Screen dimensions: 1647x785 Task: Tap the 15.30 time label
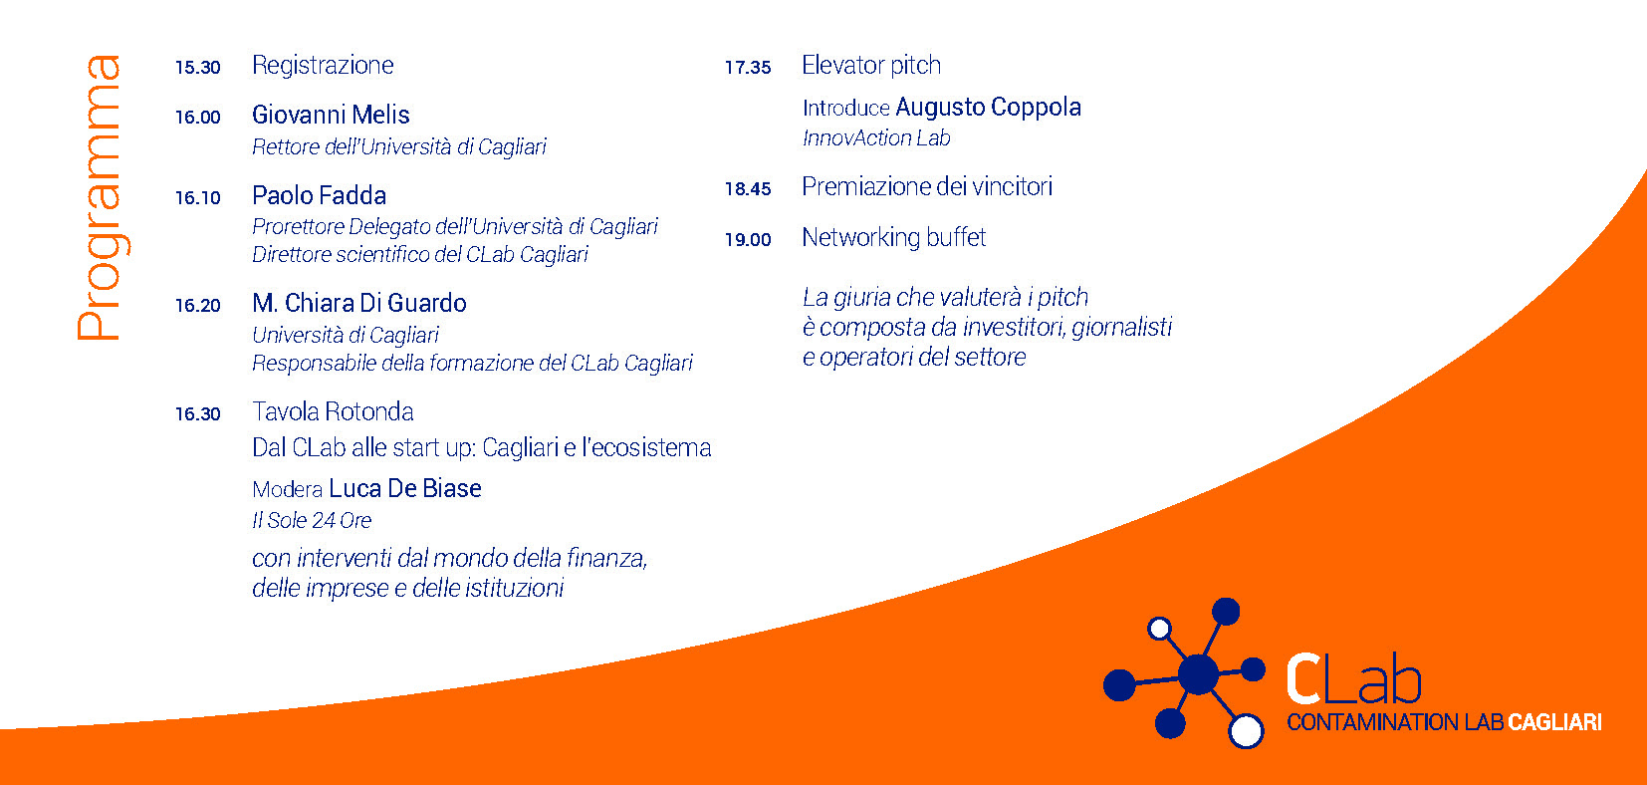pyautogui.click(x=198, y=68)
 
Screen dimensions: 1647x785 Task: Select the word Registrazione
pyautogui.click(x=323, y=66)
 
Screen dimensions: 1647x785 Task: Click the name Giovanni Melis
pyautogui.click(x=331, y=115)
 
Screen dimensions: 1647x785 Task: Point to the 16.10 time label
pyautogui.click(x=198, y=198)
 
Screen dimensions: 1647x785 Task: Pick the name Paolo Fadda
pyautogui.click(x=319, y=195)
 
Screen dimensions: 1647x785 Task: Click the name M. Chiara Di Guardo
pyautogui.click(x=359, y=303)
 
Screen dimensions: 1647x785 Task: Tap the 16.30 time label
pyautogui.click(x=198, y=414)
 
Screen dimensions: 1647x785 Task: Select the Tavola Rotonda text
pyautogui.click(x=333, y=411)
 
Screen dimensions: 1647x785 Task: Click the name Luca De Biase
pyautogui.click(x=405, y=488)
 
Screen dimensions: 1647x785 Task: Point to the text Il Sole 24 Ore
pyautogui.click(x=312, y=520)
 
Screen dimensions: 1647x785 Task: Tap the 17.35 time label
pyautogui.click(x=748, y=68)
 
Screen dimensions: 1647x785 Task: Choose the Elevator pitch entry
pyautogui.click(x=871, y=66)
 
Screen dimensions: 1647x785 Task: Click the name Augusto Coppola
pyautogui.click(x=988, y=108)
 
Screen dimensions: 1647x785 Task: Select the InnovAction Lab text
pyautogui.click(x=876, y=137)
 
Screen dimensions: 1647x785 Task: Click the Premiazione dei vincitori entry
pyautogui.click(x=927, y=187)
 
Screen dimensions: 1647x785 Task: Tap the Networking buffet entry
pyautogui.click(x=894, y=238)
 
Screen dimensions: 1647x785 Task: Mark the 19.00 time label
pyautogui.click(x=748, y=240)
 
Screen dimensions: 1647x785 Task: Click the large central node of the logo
pyautogui.click(x=1199, y=673)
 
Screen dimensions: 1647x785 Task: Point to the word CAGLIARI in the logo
pyautogui.click(x=1555, y=722)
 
